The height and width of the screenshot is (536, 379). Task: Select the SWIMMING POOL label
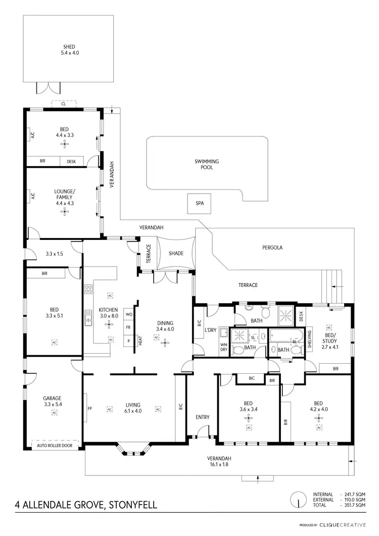(x=207, y=164)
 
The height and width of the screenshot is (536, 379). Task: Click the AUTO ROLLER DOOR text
(x=56, y=446)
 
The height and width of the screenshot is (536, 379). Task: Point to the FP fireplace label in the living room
(x=89, y=409)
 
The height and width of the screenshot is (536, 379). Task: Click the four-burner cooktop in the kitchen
(x=88, y=289)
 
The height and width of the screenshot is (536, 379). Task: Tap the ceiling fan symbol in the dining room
(x=165, y=343)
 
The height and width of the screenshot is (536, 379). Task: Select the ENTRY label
(x=202, y=417)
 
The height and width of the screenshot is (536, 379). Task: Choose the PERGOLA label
(x=272, y=248)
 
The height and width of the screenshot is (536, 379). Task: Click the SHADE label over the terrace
(x=176, y=253)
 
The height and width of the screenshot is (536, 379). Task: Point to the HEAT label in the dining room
(x=140, y=341)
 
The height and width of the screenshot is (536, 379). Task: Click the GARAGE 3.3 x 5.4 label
(x=54, y=401)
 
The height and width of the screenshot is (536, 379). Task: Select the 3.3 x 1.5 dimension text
(x=54, y=254)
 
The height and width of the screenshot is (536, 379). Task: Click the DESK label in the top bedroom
(x=71, y=162)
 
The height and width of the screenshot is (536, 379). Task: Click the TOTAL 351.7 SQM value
(x=354, y=505)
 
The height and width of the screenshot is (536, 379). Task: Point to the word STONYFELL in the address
(x=130, y=504)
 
